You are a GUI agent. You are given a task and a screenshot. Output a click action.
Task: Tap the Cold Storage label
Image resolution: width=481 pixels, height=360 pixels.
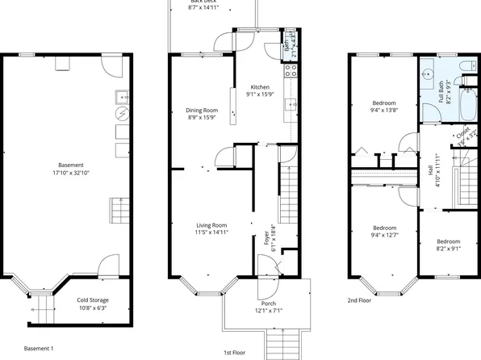[x=94, y=299]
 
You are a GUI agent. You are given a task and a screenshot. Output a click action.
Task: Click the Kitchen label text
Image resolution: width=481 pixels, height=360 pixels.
[x=259, y=87]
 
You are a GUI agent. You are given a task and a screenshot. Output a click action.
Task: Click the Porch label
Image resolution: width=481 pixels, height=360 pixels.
[x=267, y=303]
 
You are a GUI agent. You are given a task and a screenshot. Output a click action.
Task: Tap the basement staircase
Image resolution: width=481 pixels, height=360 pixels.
[x=120, y=212]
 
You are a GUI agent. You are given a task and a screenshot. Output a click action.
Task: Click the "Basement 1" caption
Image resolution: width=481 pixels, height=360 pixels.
[x=38, y=348]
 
